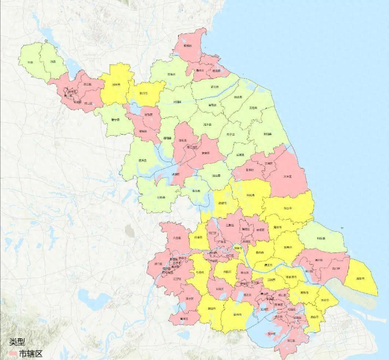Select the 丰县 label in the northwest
[x=30, y=61]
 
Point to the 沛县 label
[x=52, y=61]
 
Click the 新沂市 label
[x=144, y=92]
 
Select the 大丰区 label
[x=287, y=175]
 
